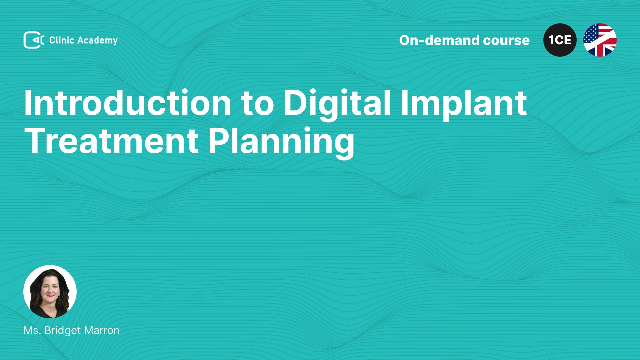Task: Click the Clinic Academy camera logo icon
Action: click(x=33, y=40)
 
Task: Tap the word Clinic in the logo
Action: click(x=62, y=40)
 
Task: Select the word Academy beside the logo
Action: click(x=97, y=41)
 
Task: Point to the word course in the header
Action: click(x=506, y=41)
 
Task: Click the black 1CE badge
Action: click(x=560, y=40)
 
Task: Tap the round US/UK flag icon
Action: click(x=600, y=40)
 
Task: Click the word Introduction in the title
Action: click(x=128, y=103)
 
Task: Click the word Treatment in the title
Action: click(x=112, y=141)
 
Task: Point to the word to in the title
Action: click(x=257, y=105)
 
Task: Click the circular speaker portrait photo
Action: click(x=50, y=292)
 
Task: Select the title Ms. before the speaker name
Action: click(x=32, y=330)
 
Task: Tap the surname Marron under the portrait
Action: click(x=102, y=330)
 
